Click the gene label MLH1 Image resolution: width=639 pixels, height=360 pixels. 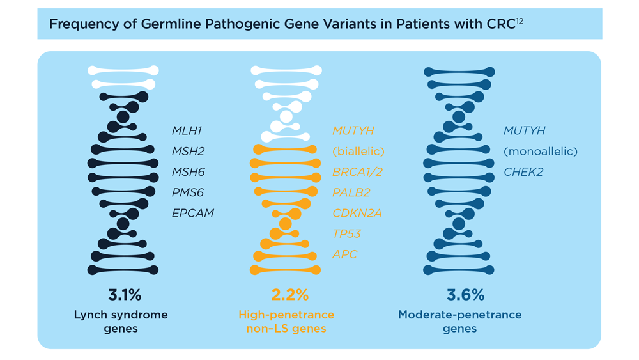coord(187,130)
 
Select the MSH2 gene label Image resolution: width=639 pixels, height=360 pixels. coord(188,152)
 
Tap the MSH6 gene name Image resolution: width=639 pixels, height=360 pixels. coord(188,171)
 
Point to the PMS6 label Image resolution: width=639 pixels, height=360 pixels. coord(187,192)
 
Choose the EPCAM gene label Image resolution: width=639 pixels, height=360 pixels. coord(193,213)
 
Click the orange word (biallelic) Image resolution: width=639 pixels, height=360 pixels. coord(358,152)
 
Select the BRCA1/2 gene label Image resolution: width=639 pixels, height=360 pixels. coord(357,172)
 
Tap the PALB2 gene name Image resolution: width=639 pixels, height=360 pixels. coord(351,192)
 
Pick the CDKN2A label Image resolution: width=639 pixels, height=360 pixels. coord(357,213)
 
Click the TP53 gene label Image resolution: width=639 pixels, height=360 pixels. coord(347,233)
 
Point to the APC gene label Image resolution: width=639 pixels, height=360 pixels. coord(345,254)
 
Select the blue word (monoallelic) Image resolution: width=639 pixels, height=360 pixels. coord(541,152)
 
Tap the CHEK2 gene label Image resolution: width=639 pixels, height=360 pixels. coord(523,171)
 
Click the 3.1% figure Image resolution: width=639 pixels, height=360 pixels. coord(125,295)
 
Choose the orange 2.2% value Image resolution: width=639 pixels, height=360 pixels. coord(290,295)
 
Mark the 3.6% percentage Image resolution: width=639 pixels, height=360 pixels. coord(465,295)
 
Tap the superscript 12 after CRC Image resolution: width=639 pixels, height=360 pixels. coord(520,20)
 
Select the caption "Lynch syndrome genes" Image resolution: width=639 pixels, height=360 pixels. coord(121,322)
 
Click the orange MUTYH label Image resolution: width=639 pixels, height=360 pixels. coord(353,130)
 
